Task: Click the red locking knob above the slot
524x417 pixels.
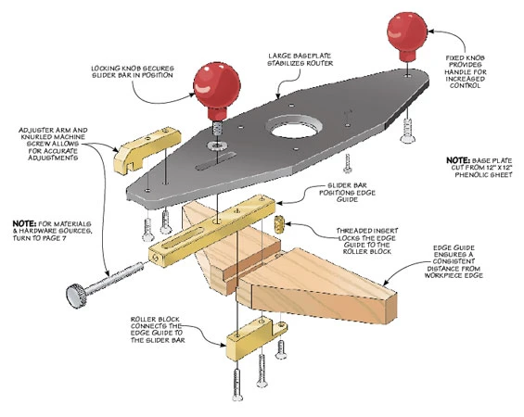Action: tap(217, 88)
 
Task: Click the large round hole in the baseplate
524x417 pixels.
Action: tap(294, 128)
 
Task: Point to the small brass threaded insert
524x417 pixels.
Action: tap(278, 224)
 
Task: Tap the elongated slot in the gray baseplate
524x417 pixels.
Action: tap(216, 160)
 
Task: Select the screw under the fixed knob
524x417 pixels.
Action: tap(407, 131)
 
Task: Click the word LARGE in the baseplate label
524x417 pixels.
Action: tap(281, 57)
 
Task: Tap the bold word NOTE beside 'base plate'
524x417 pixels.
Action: tap(458, 160)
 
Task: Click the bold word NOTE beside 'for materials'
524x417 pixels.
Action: tap(24, 223)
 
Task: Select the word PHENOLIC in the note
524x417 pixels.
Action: tap(472, 174)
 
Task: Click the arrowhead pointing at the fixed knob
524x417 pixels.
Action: tap(430, 32)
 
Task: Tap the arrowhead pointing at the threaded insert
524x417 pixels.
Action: tap(288, 223)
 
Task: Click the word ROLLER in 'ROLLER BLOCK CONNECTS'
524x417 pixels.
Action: tap(141, 319)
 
